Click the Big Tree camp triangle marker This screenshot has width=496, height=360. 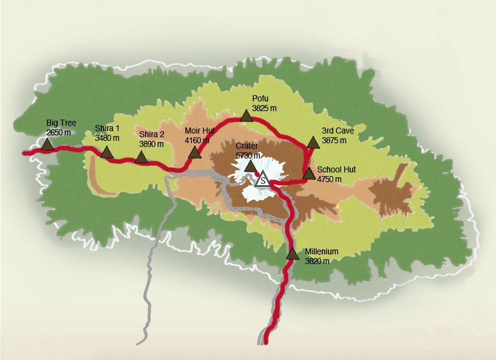click(47, 144)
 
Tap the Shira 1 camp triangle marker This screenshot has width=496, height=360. click(107, 152)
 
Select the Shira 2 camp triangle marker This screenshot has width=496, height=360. click(141, 157)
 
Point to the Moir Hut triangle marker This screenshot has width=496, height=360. click(195, 152)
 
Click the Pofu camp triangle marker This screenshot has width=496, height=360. click(246, 116)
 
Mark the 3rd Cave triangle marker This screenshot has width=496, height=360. click(313, 143)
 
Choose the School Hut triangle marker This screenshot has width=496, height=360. click(308, 174)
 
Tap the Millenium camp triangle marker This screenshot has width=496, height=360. click(293, 254)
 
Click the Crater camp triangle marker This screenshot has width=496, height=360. click(250, 166)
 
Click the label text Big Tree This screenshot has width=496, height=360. click(61, 123)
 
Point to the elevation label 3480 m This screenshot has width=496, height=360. click(107, 138)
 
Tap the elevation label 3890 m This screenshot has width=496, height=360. click(152, 144)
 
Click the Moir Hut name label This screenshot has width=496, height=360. click(200, 131)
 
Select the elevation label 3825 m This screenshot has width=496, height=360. click(264, 108)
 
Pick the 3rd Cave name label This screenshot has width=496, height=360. click(338, 131)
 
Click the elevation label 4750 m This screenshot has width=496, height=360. click(330, 179)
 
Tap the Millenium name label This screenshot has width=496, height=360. click(322, 252)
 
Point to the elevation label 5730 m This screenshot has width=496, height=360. click(248, 155)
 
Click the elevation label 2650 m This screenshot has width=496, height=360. click(58, 132)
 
